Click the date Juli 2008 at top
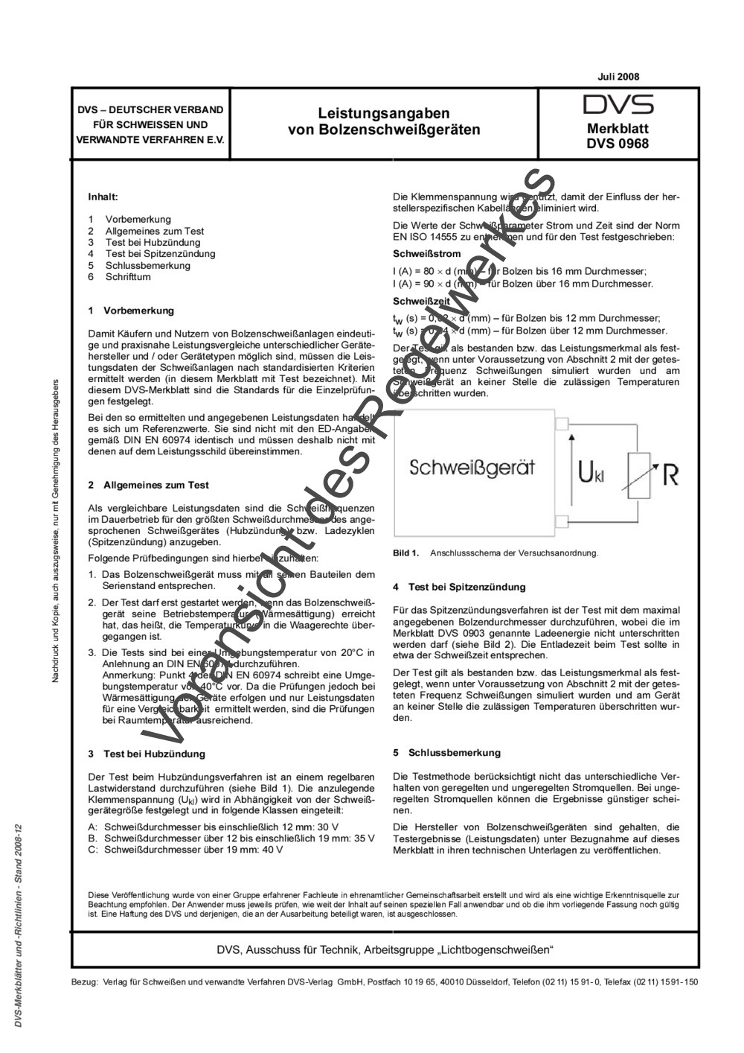tap(618, 77)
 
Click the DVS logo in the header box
tap(618, 104)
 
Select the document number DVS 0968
tap(618, 144)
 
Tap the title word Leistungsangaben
tap(384, 114)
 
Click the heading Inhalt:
tap(103, 197)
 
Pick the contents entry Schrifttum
tap(128, 277)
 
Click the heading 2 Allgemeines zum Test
tap(148, 485)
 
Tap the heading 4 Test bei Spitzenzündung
tap(459, 588)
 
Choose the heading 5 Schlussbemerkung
tap(446, 753)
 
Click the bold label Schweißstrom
tap(422, 254)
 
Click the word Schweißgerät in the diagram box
tap(472, 468)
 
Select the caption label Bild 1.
tap(405, 553)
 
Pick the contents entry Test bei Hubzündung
tap(153, 243)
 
